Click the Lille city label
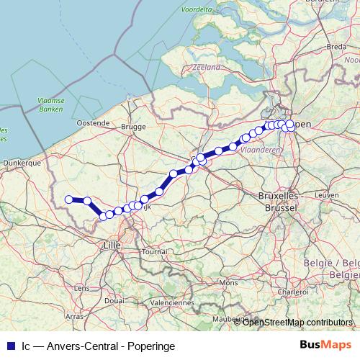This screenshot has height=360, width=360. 112,245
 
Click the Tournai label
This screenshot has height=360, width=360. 155,252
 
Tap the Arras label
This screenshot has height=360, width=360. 73,316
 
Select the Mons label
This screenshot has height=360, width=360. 228,283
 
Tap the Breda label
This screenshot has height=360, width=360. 336,46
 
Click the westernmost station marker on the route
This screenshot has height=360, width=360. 69,199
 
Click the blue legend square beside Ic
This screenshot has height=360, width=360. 10,346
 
